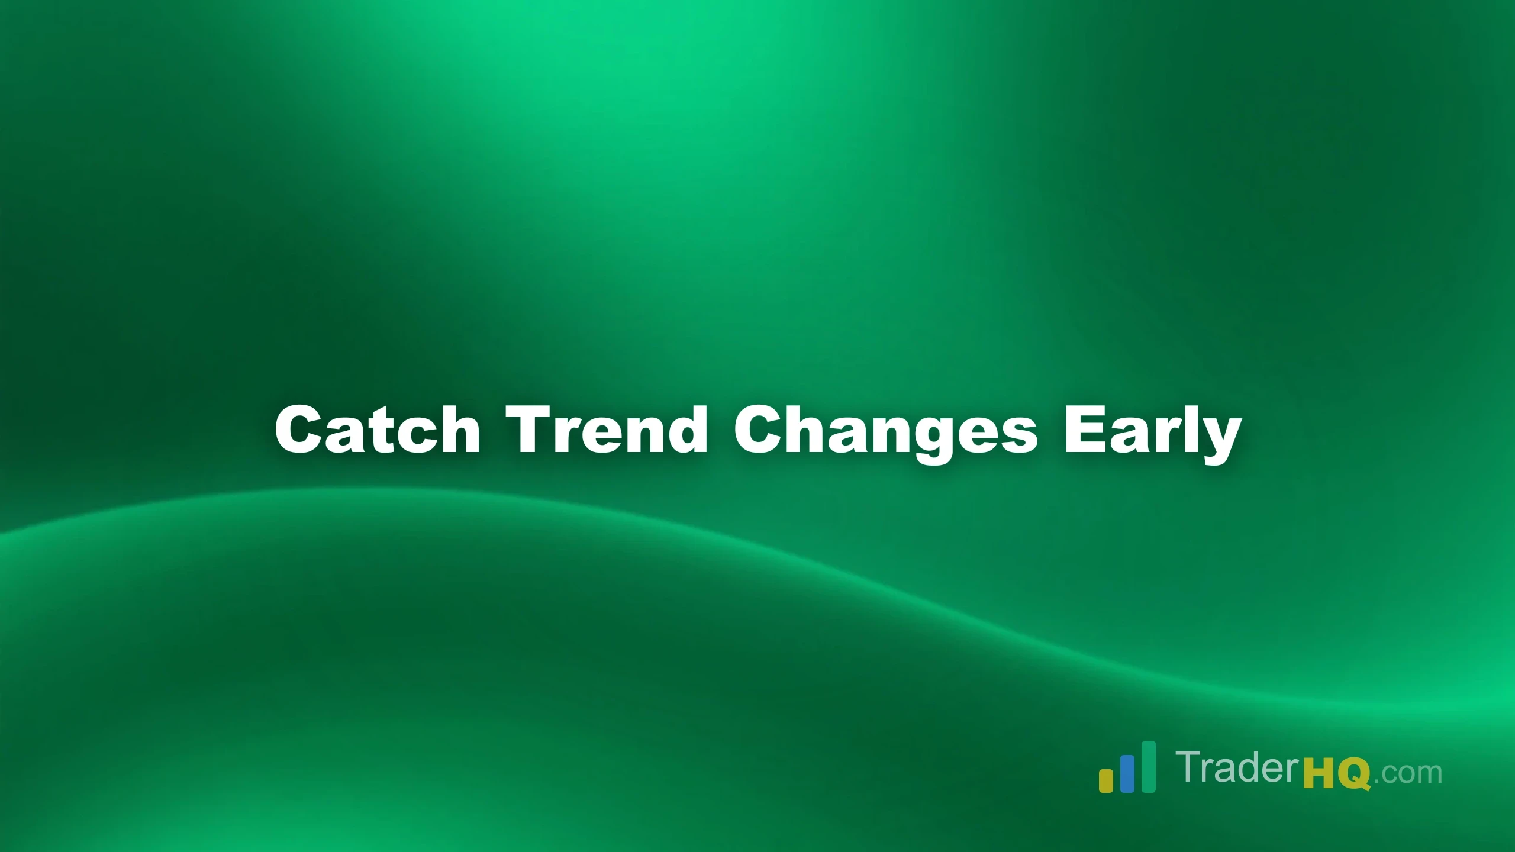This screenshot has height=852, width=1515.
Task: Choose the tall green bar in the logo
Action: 1148,766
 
